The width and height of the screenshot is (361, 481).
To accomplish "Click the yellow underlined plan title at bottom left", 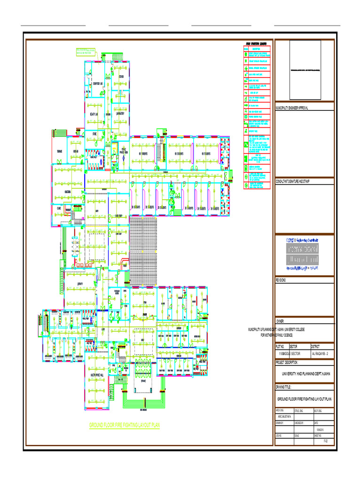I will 125,426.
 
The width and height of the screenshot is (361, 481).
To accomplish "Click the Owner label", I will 281,320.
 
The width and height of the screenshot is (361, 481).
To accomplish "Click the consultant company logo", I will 303,254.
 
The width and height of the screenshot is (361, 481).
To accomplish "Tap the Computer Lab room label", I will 98,84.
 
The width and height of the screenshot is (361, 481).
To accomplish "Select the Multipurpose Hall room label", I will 96,376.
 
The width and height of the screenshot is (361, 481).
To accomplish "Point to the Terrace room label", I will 59,151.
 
